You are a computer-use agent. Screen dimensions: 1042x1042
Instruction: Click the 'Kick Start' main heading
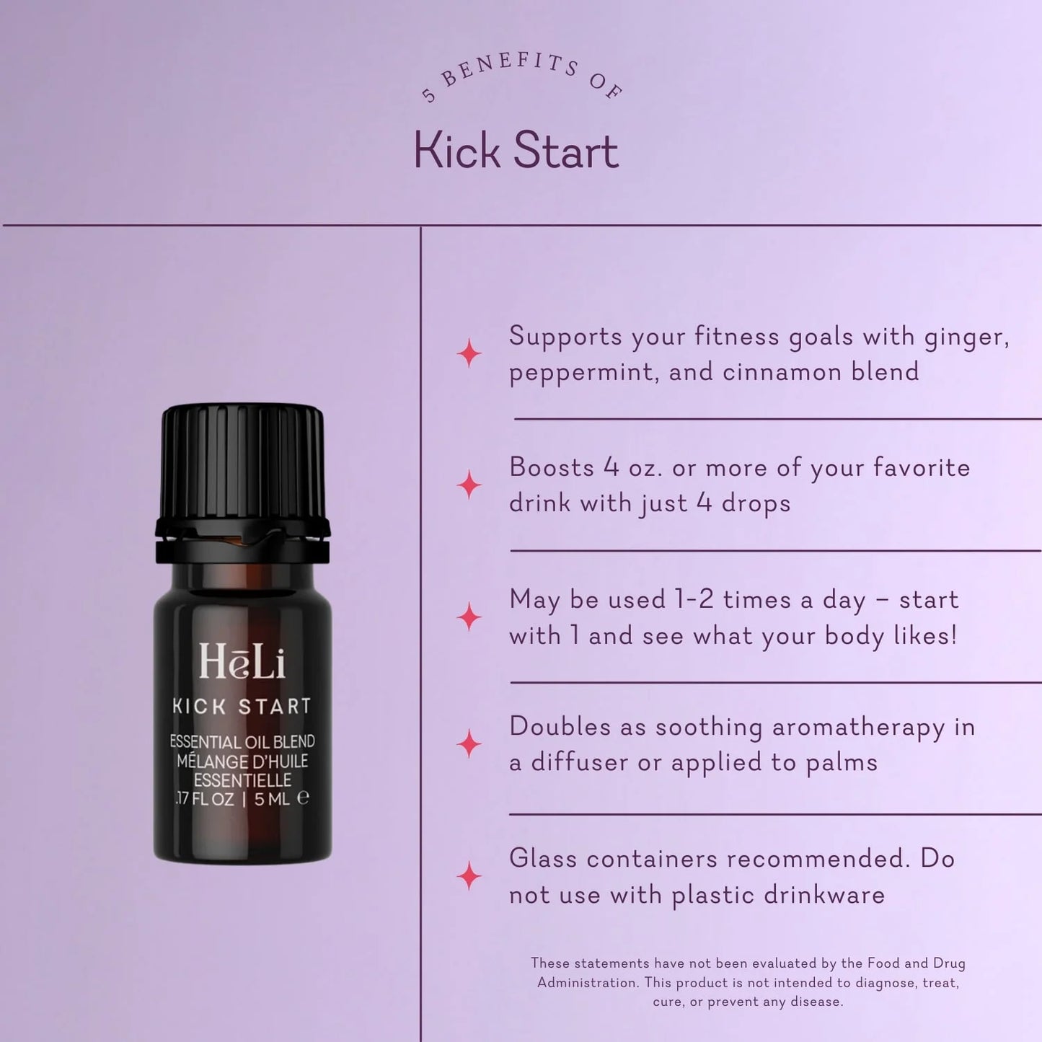516,151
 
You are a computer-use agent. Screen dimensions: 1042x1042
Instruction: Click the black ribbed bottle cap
242,462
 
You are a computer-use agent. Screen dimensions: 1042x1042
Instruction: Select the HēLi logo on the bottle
242,661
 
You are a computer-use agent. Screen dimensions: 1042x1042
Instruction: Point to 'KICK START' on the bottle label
242,706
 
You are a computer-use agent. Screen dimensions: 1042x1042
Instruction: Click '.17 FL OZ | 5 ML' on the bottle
242,798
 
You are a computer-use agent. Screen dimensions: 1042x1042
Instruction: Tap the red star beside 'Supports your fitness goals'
469,353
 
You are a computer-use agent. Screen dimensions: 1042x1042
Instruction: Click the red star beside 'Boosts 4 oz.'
469,485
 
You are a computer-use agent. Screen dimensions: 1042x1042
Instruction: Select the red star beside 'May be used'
469,617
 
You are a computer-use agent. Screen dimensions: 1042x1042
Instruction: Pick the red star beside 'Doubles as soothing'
469,743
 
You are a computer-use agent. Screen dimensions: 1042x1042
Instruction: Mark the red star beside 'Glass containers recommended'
469,875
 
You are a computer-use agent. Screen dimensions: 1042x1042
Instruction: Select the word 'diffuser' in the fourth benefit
580,762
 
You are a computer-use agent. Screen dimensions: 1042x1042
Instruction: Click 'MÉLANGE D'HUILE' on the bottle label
242,761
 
